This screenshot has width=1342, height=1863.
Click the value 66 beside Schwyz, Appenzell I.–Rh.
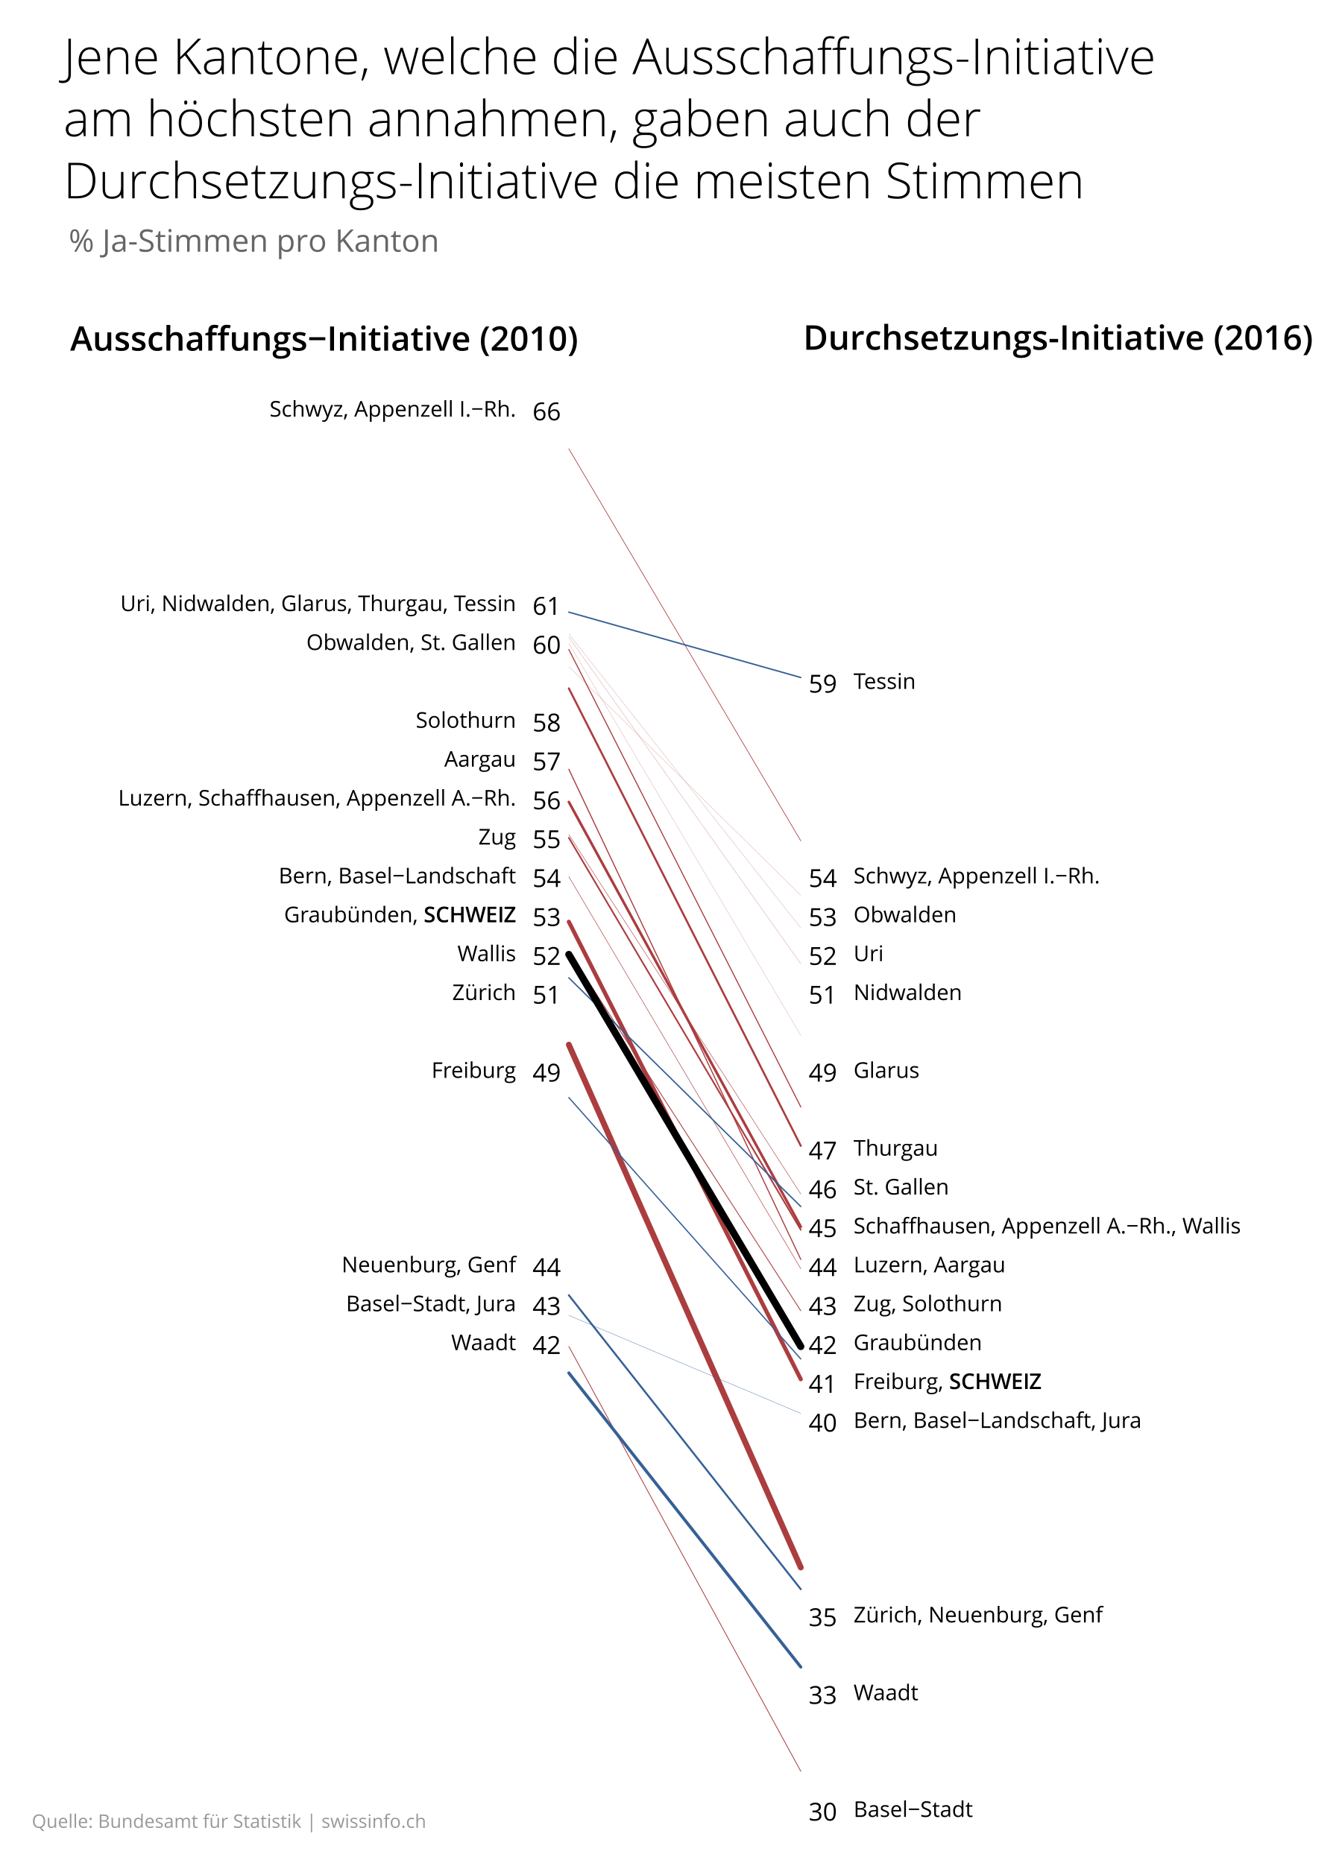click(x=546, y=411)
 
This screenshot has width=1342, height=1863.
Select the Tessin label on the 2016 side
click(x=883, y=681)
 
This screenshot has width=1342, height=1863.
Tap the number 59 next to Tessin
click(x=822, y=683)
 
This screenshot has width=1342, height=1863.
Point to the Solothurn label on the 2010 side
click(x=465, y=721)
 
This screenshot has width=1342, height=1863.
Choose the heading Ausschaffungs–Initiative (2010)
click(x=324, y=338)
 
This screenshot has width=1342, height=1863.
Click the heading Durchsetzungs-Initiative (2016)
click(x=1058, y=338)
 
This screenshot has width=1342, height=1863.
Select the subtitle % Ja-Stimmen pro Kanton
click(x=254, y=241)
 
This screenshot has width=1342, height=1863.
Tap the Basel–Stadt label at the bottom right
click(x=913, y=1809)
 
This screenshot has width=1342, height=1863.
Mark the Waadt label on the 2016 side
click(x=885, y=1692)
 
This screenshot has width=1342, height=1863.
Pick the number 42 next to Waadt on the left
click(x=546, y=1344)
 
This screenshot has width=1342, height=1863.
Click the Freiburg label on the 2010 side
click(x=473, y=1070)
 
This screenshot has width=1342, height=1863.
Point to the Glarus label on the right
click(x=886, y=1070)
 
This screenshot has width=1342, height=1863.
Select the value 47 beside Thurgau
click(x=822, y=1150)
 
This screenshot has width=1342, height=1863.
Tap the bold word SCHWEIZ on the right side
click(x=995, y=1382)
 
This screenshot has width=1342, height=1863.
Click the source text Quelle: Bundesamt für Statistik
click(x=167, y=1821)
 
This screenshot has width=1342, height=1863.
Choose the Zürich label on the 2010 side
click(x=483, y=993)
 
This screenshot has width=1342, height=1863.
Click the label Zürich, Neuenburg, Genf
click(x=978, y=1615)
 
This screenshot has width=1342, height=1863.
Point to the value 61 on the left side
click(x=546, y=606)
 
